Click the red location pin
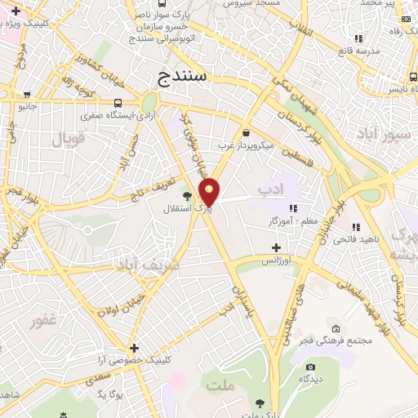(211, 192)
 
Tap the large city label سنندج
(181, 78)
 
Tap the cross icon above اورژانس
(276, 247)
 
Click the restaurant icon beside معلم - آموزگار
(292, 207)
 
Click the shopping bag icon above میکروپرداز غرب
(246, 132)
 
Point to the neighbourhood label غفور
(44, 322)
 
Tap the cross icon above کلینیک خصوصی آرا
(133, 347)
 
